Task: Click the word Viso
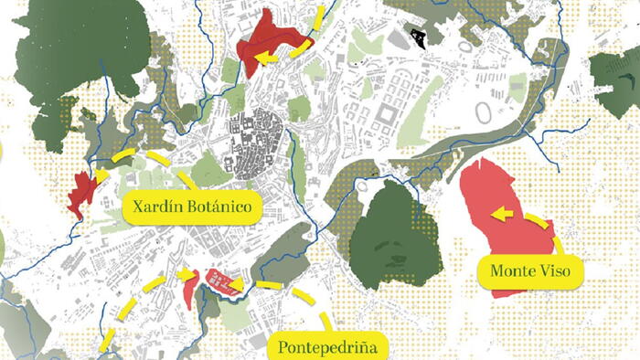[x=562, y=270]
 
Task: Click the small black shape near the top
[x=420, y=37]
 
